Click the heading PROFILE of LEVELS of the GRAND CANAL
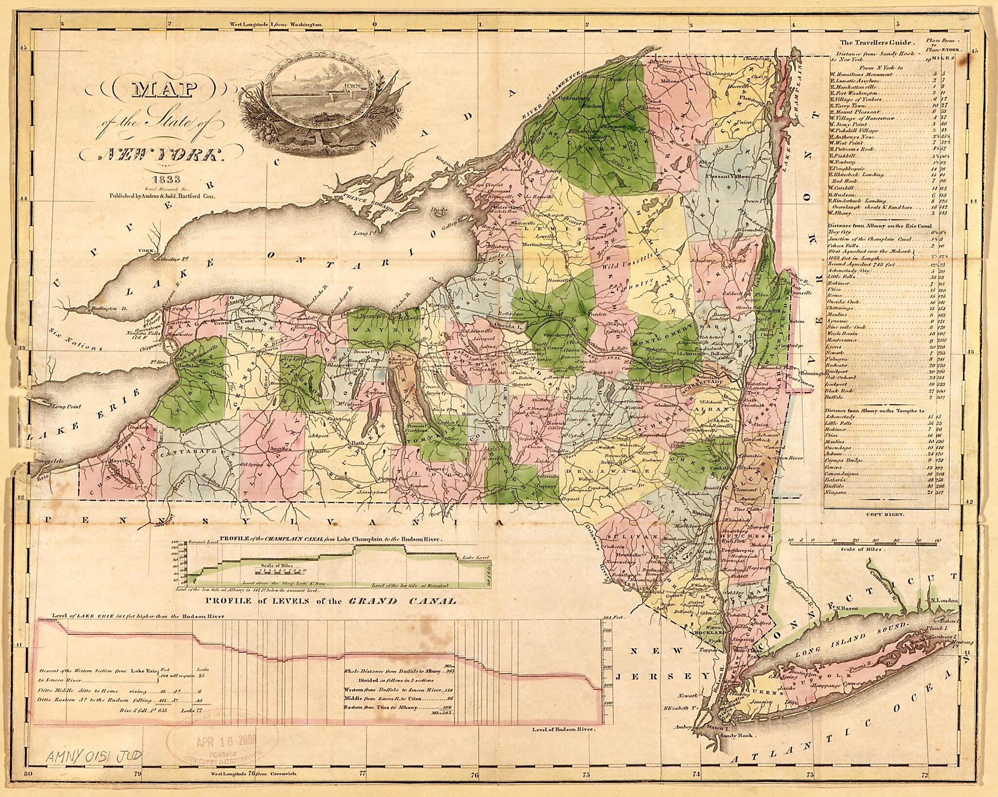click(331, 601)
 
